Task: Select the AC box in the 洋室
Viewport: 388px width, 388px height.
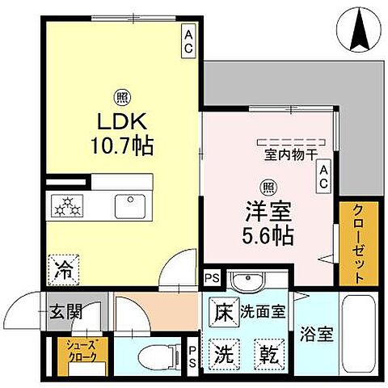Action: pyautogui.click(x=323, y=177)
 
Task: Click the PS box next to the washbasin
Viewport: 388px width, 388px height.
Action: pyautogui.click(x=212, y=279)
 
